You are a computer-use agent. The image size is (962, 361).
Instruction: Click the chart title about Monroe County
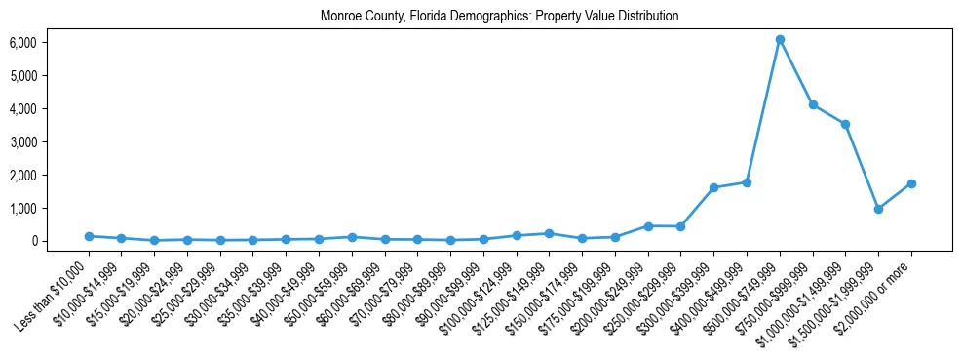(499, 17)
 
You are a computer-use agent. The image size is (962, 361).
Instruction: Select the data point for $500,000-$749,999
(780, 40)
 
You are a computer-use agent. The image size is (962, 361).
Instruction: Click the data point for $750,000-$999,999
(813, 105)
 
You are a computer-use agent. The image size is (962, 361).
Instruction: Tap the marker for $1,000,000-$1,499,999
(846, 124)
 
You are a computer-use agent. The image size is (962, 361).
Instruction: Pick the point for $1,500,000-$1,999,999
(878, 209)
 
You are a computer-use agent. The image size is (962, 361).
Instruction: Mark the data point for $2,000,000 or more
(911, 183)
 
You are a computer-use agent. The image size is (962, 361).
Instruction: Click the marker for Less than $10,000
(89, 236)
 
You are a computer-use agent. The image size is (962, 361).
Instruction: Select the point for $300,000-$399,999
(713, 187)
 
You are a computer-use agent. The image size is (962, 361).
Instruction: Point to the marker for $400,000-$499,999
(747, 182)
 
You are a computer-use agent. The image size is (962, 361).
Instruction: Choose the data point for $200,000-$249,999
(648, 226)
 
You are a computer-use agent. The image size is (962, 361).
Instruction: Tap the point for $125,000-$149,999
(550, 233)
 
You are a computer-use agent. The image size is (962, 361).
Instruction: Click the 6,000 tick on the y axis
(22, 43)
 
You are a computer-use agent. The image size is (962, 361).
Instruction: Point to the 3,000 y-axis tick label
(22, 142)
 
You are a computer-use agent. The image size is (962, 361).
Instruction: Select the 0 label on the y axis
(32, 241)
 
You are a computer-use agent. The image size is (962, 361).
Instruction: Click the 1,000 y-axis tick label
(22, 208)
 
